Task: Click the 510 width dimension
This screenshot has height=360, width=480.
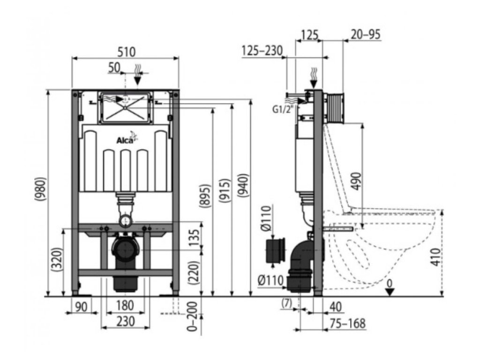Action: pos(126,51)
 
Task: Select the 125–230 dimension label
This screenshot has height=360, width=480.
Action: pos(263,50)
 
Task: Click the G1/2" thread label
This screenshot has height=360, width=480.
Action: pos(283,109)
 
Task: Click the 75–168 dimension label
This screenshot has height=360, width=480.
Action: pos(348,323)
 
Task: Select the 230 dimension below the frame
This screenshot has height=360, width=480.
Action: pos(126,321)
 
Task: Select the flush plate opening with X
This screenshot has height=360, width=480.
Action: pos(125,107)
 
